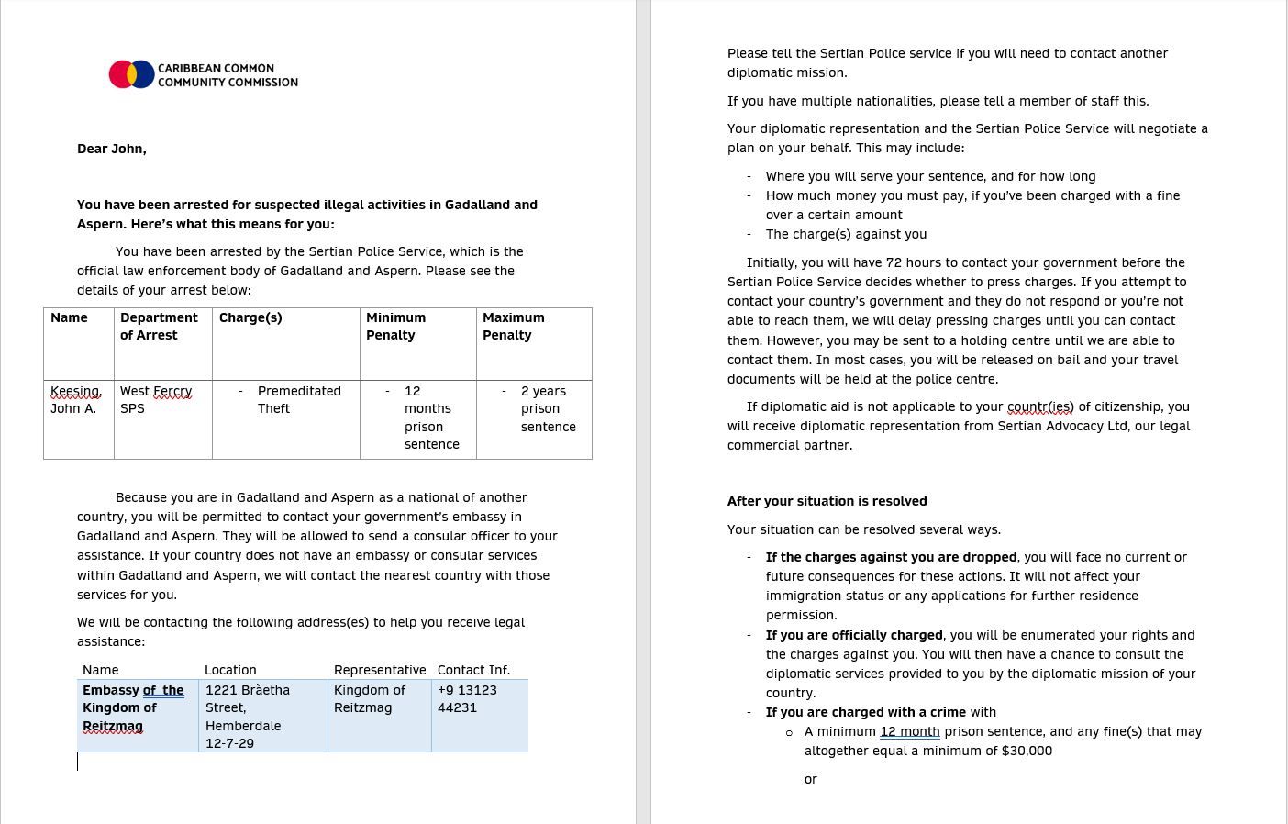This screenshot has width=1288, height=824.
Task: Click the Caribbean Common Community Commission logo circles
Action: coord(131,74)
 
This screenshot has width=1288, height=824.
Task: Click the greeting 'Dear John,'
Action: coord(111,149)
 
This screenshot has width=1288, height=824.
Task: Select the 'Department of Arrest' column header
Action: coord(159,326)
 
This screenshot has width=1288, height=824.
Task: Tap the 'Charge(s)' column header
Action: coord(250,317)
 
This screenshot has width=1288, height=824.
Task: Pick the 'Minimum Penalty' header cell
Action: coord(395,326)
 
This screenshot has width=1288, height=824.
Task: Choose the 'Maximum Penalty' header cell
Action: coord(513,326)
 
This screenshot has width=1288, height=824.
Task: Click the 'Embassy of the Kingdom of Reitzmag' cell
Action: coord(133,707)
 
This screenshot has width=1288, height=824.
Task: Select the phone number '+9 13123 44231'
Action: coord(467,698)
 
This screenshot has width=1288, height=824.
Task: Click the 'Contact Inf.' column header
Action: coord(473,670)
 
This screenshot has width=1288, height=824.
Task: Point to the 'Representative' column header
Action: coord(380,670)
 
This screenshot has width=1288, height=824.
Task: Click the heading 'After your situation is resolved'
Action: coord(827,501)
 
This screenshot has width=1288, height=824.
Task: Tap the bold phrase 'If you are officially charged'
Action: coord(854,635)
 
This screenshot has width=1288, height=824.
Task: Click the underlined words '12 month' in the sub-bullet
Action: coord(909,731)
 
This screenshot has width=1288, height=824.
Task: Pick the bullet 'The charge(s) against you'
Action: coord(846,234)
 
